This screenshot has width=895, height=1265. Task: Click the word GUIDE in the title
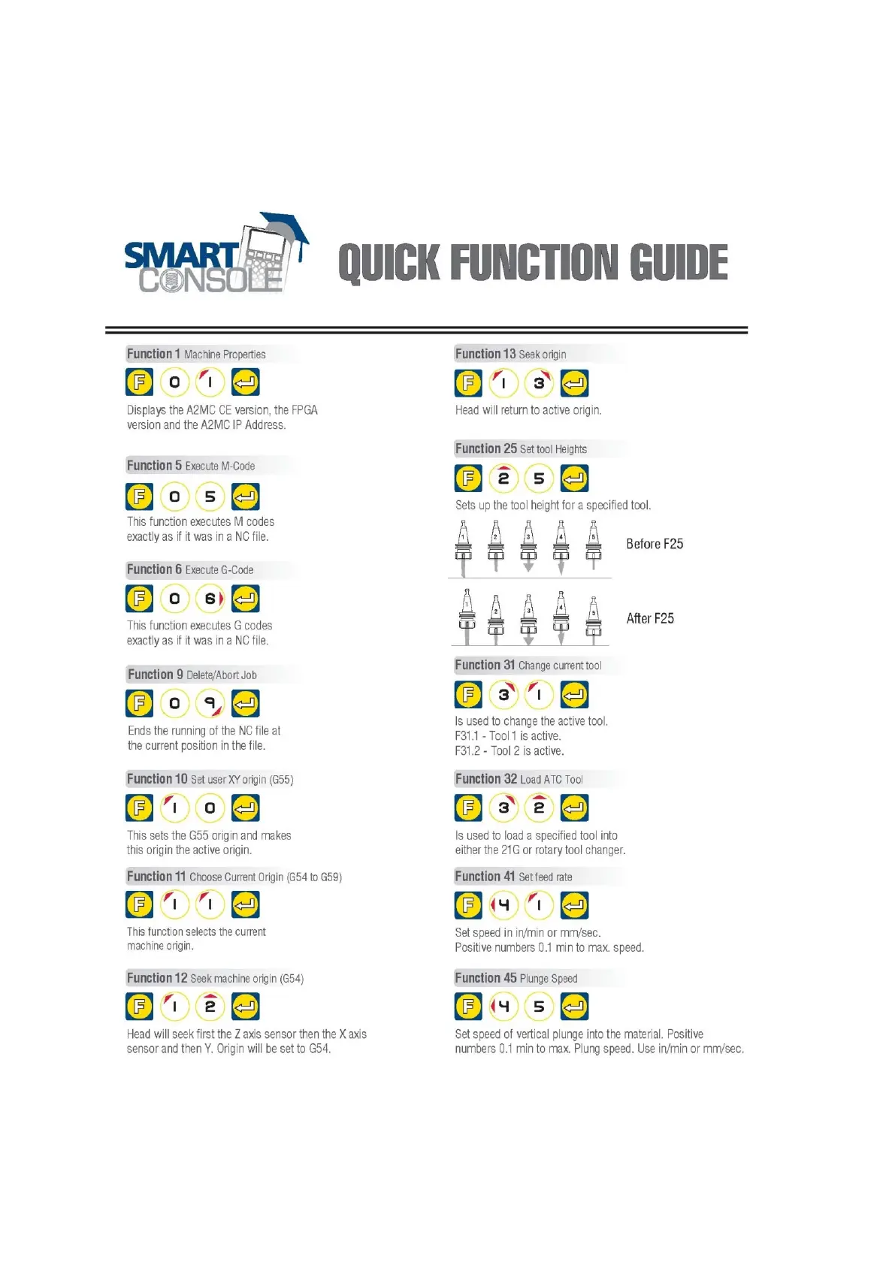(679, 263)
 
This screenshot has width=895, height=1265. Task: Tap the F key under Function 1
(139, 382)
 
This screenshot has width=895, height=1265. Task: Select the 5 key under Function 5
(210, 497)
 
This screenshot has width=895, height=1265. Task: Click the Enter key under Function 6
(246, 599)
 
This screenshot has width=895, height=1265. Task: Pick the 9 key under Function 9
(210, 703)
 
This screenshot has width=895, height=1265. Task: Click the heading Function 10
(157, 779)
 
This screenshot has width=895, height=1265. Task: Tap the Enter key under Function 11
(246, 904)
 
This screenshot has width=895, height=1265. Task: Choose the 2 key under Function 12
(210, 1007)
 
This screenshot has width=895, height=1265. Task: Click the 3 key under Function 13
(539, 383)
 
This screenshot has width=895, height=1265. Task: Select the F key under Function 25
(468, 479)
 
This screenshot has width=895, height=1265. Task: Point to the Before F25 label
(655, 544)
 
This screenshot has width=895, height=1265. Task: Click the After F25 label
(650, 618)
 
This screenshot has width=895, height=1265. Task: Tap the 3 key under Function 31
(503, 695)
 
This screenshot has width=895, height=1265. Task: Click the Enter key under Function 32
(574, 808)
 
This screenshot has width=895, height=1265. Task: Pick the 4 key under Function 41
(503, 905)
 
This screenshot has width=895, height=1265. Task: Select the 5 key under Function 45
(539, 1007)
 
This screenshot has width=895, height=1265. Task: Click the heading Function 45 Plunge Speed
(516, 978)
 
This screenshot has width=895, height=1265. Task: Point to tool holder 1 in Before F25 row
(464, 547)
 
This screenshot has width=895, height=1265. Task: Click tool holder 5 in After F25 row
(594, 618)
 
